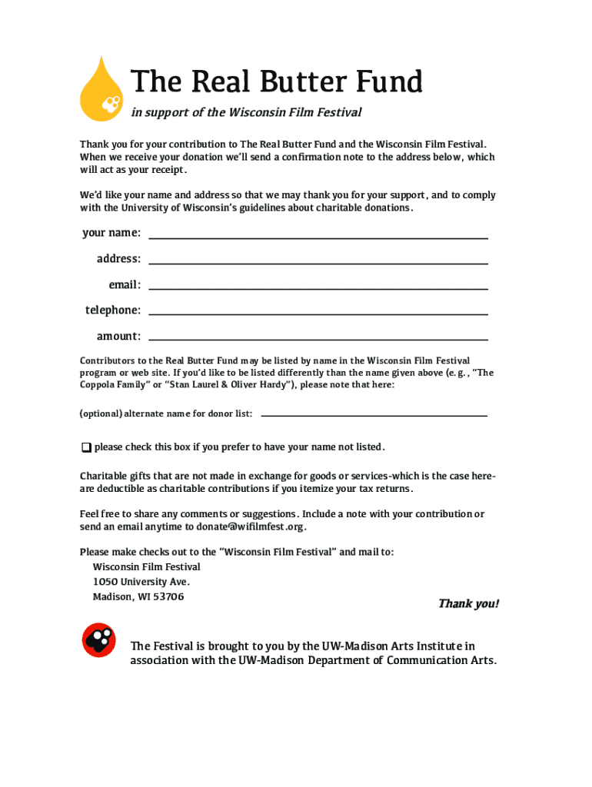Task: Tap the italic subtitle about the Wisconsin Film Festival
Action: (x=246, y=113)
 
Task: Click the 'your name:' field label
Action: (x=111, y=233)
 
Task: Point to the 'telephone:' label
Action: (x=113, y=310)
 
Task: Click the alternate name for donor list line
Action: (x=374, y=414)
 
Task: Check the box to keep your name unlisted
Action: (x=85, y=447)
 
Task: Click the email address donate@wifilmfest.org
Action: (x=261, y=527)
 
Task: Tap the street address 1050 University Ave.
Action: (x=141, y=582)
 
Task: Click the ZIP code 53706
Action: (x=169, y=597)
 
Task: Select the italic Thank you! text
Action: (x=468, y=604)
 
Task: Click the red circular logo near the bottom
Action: (x=99, y=640)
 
